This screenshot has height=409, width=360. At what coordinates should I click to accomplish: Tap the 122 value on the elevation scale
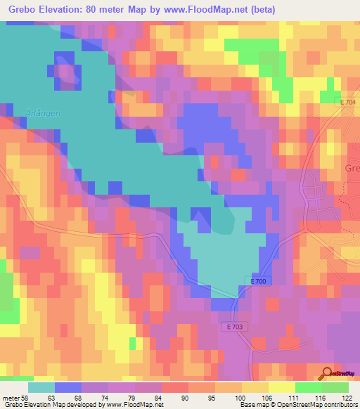coord(347,398)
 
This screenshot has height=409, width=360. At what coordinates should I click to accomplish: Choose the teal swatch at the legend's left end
coord(41,387)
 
